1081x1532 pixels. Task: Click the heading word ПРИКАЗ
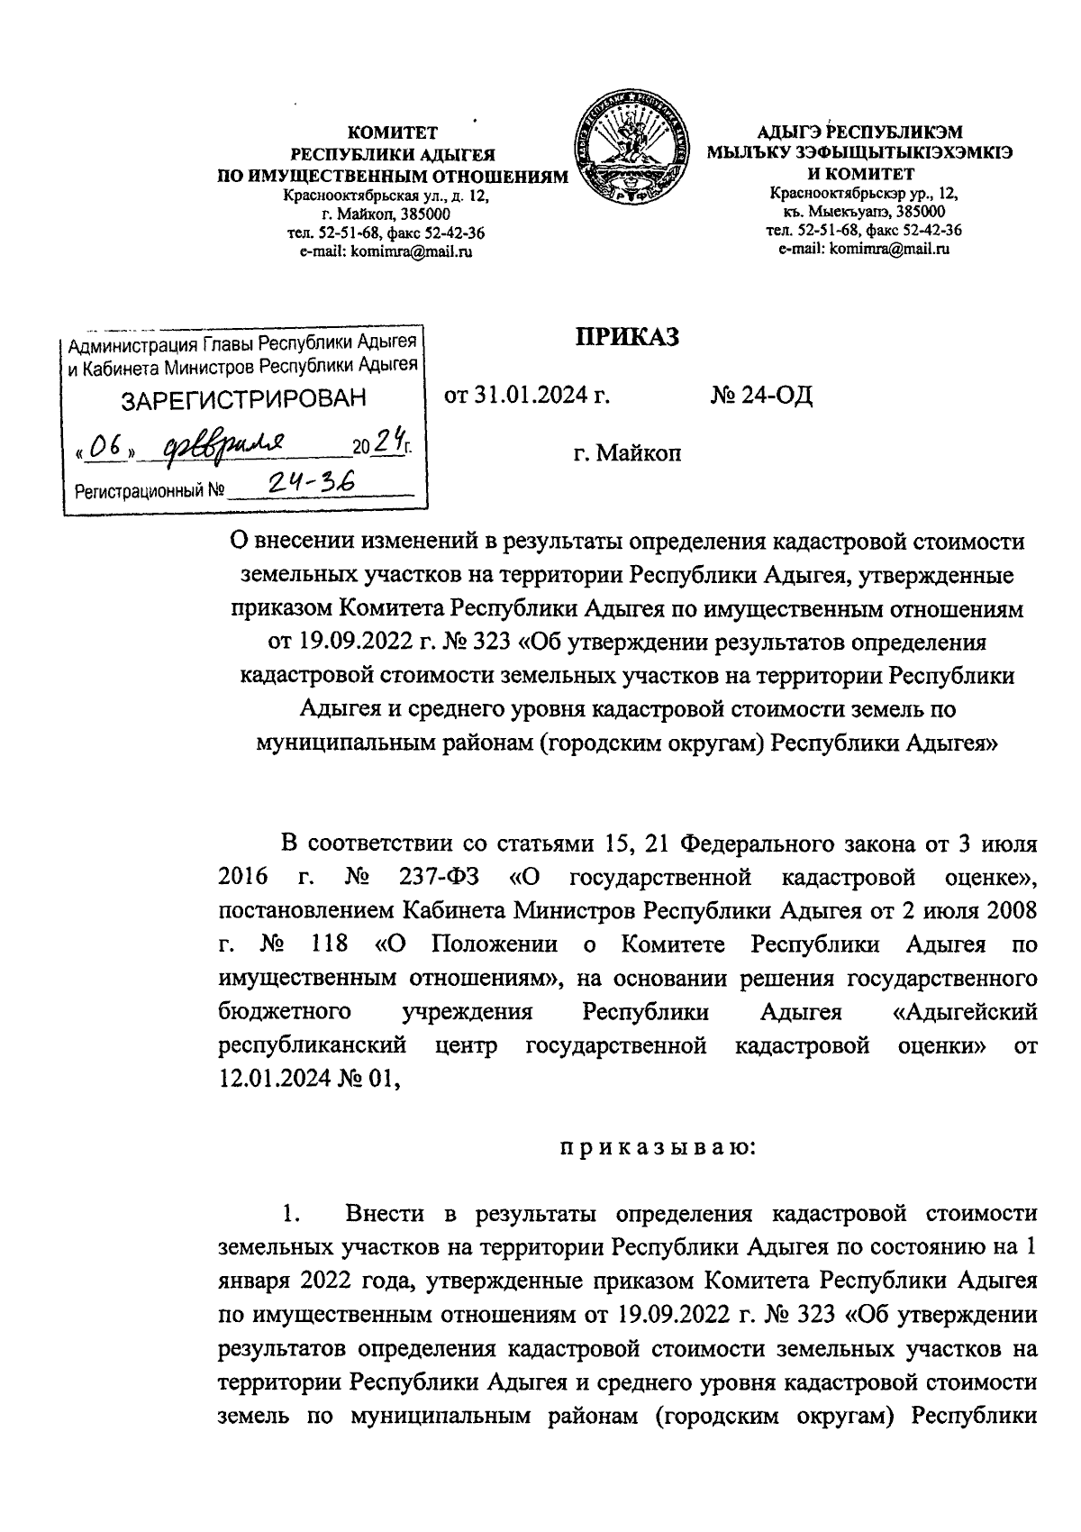tap(627, 339)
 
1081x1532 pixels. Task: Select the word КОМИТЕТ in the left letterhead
tap(393, 132)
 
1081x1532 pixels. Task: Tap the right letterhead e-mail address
tap(864, 249)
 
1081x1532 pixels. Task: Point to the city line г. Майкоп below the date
tap(627, 452)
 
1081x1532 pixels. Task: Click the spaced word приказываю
tap(627, 1149)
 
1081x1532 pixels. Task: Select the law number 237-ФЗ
tap(432, 877)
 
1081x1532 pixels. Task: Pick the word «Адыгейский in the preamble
tap(962, 1012)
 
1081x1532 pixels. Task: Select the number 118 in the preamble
tap(328, 944)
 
